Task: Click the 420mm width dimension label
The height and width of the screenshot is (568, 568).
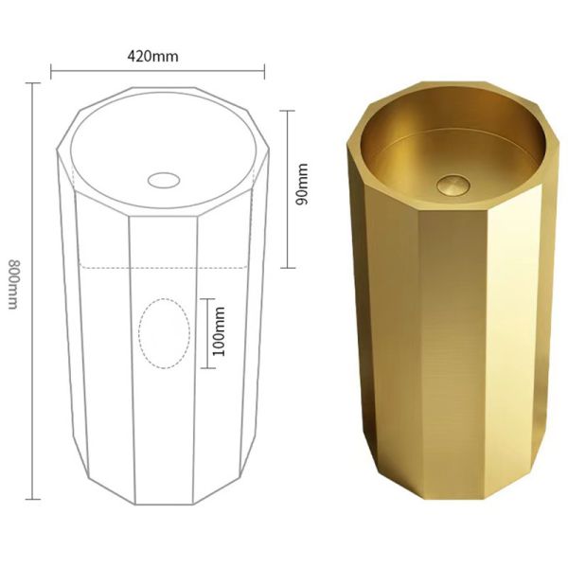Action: [x=152, y=55]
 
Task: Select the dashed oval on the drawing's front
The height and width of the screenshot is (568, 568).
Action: [x=162, y=333]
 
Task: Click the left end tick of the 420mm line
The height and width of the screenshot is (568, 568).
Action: [x=51, y=69]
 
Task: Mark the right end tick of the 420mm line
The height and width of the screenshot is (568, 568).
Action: [x=264, y=69]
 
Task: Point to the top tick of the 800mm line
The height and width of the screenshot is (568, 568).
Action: [x=34, y=83]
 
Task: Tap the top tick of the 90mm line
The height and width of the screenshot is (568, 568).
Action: [x=288, y=111]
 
